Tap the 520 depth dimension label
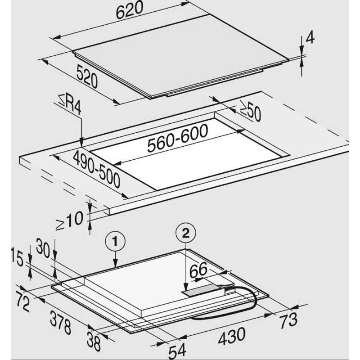pos(87,76)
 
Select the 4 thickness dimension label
pos(310,37)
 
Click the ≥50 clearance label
pos(251,112)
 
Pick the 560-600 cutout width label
pos(178,138)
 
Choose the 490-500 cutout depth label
pos(96,169)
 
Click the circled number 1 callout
pos(115,242)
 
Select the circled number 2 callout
pos(186,234)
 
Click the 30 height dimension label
pos(43,248)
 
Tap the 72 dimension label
pos(23,303)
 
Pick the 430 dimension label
pos(232,336)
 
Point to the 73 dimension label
pos(288,320)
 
